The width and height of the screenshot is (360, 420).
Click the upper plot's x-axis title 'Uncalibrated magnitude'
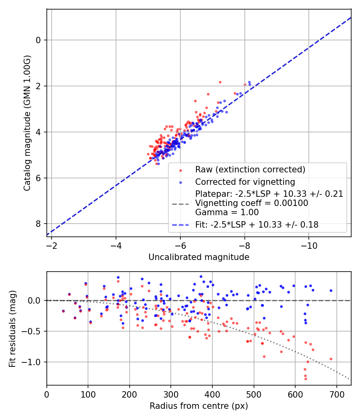coord(199,257)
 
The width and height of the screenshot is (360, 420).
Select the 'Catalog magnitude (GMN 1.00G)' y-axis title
coord(27,123)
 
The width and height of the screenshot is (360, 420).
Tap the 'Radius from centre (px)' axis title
coord(199,406)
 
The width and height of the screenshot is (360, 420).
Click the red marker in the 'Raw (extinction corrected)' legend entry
coord(180,170)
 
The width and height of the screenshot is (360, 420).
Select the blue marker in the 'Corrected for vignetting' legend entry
coord(180,182)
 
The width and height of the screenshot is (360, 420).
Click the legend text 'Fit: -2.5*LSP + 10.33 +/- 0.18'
coord(257,225)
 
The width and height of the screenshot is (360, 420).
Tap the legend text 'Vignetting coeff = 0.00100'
coord(252,203)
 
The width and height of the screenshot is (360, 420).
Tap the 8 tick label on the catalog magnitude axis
coord(39,224)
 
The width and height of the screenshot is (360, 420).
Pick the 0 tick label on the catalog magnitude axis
coord(39,40)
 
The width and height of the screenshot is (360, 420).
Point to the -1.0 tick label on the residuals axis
coord(34,362)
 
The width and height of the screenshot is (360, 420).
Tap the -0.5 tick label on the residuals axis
coord(34,331)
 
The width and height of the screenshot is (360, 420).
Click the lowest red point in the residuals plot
coord(306,378)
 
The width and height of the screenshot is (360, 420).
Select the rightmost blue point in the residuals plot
coord(331,290)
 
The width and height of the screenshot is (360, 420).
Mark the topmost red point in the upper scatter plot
coord(220,82)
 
